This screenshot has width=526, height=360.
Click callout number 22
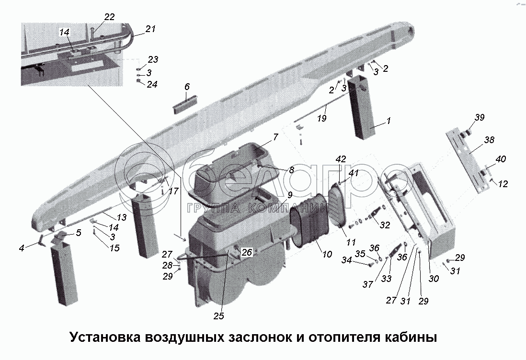(110, 16)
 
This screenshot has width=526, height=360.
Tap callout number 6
(187, 87)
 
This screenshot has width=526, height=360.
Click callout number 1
(388, 121)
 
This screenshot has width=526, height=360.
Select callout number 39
(480, 118)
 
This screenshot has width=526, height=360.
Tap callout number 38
(489, 140)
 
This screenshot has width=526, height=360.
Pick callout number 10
(327, 254)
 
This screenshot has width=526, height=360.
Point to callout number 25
(219, 316)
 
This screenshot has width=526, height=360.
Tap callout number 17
(173, 191)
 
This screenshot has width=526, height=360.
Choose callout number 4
(22, 247)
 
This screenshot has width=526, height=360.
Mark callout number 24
(152, 84)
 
